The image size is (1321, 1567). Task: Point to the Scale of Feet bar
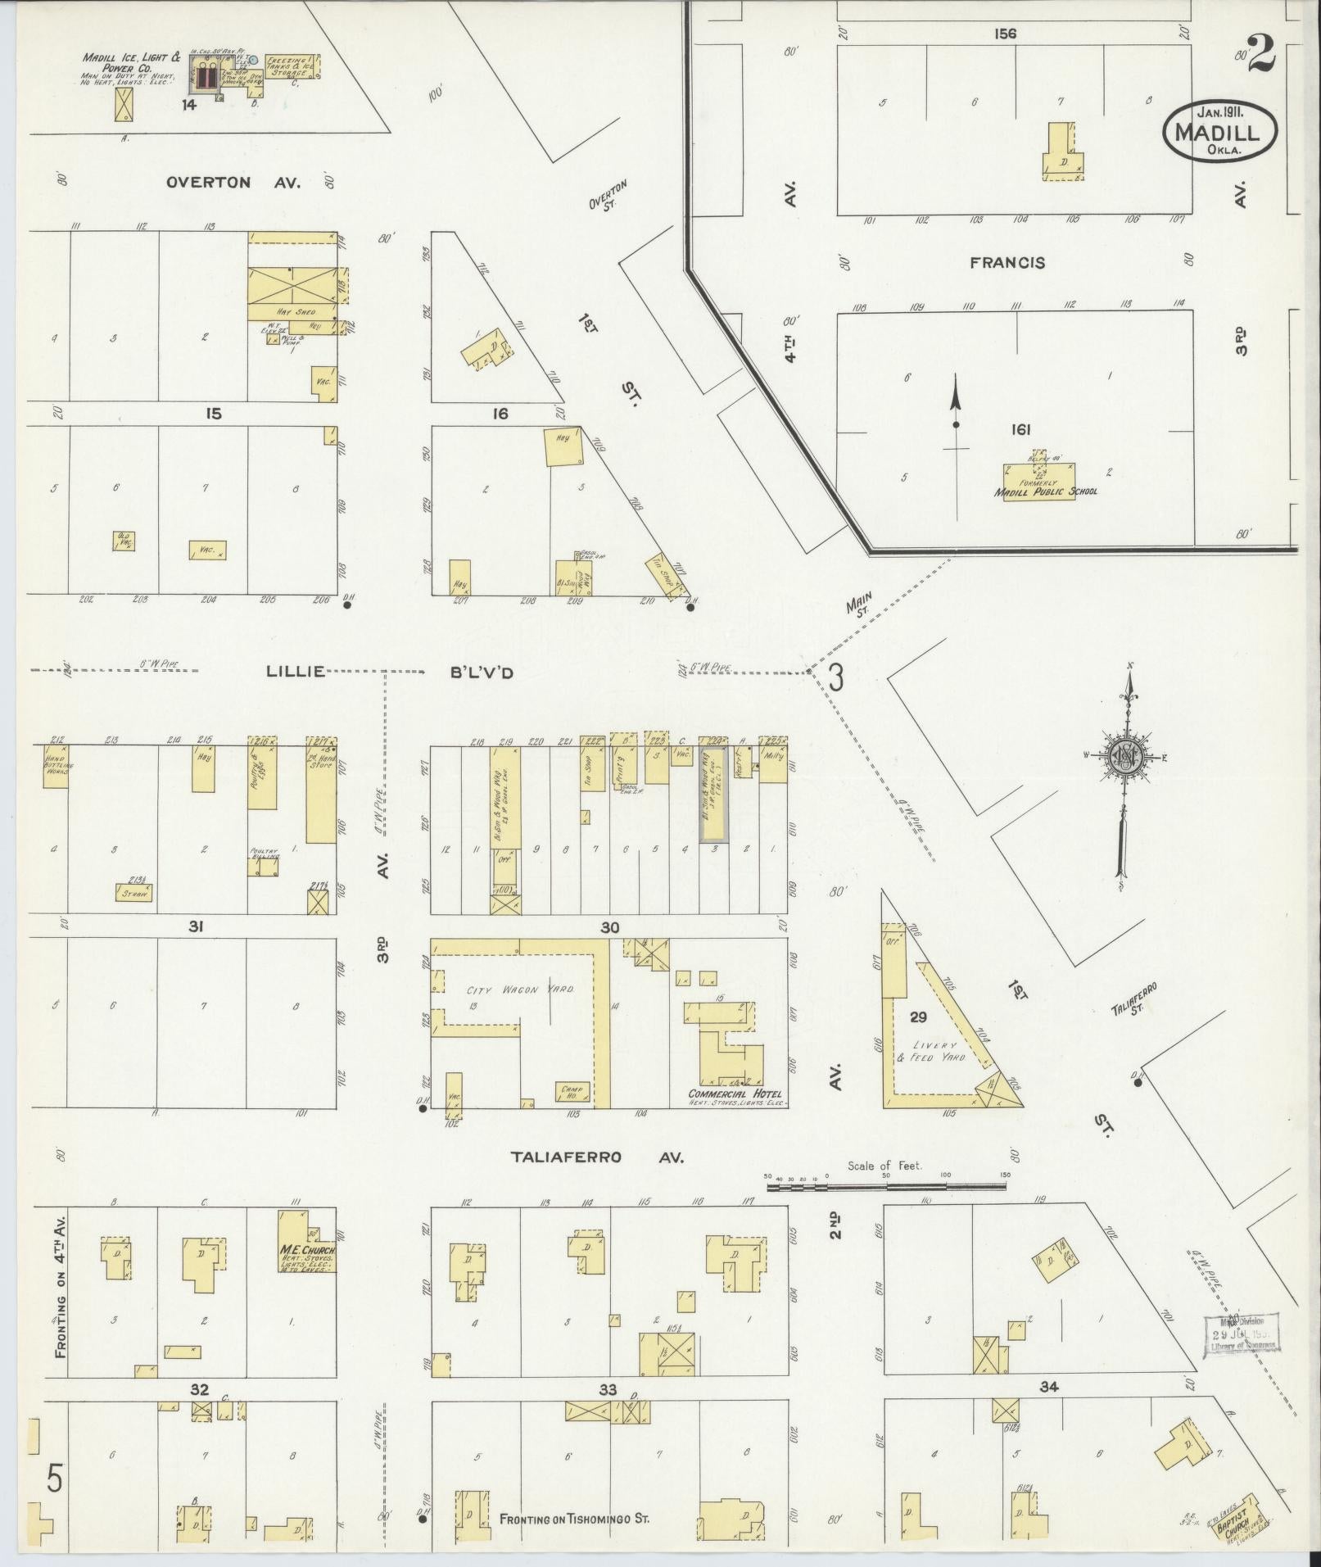pyautogui.click(x=886, y=1184)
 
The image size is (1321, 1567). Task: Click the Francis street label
pyautogui.click(x=1007, y=263)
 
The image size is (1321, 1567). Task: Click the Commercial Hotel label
pyautogui.click(x=735, y=1094)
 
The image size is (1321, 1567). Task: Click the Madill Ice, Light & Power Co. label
pyautogui.click(x=131, y=64)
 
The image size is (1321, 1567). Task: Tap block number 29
pyautogui.click(x=918, y=1017)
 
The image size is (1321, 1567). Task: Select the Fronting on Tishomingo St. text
pyautogui.click(x=574, y=1519)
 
